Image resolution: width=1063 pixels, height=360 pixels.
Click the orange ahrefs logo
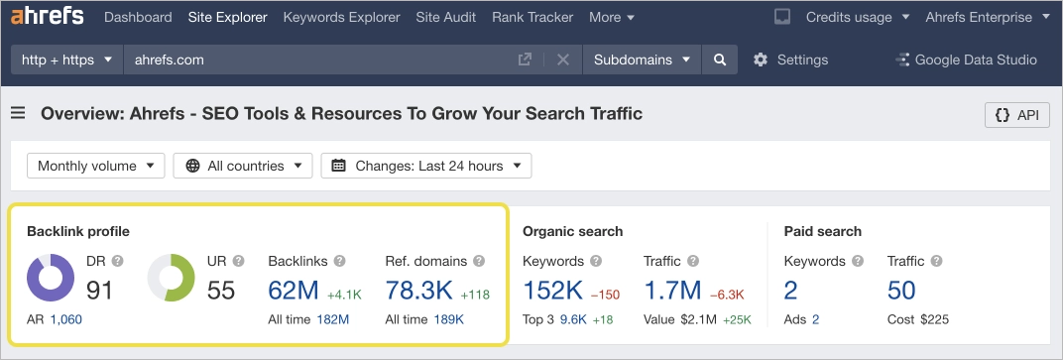coord(47,17)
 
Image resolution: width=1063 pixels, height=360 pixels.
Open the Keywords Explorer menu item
coord(341,17)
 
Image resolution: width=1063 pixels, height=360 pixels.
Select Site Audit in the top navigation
coord(445,17)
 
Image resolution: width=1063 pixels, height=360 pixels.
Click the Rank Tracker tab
coord(532,17)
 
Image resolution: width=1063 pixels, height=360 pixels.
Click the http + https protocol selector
coord(66,60)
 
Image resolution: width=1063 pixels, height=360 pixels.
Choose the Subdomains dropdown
coord(641,60)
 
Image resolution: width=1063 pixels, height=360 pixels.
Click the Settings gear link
coord(790,60)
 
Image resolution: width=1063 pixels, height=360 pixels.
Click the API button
coord(1016,115)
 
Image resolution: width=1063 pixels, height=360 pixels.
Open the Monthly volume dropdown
coord(95,166)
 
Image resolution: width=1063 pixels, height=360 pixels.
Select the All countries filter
coord(243,166)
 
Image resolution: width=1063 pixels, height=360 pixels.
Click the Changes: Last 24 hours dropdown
coord(425,166)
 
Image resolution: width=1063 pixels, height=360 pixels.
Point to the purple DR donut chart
coord(50,278)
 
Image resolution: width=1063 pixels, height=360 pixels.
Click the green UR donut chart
coord(172,278)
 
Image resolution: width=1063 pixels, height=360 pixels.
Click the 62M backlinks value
coord(294,291)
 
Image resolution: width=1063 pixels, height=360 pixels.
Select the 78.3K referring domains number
coord(418,291)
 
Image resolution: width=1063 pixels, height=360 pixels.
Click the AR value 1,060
coord(66,319)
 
